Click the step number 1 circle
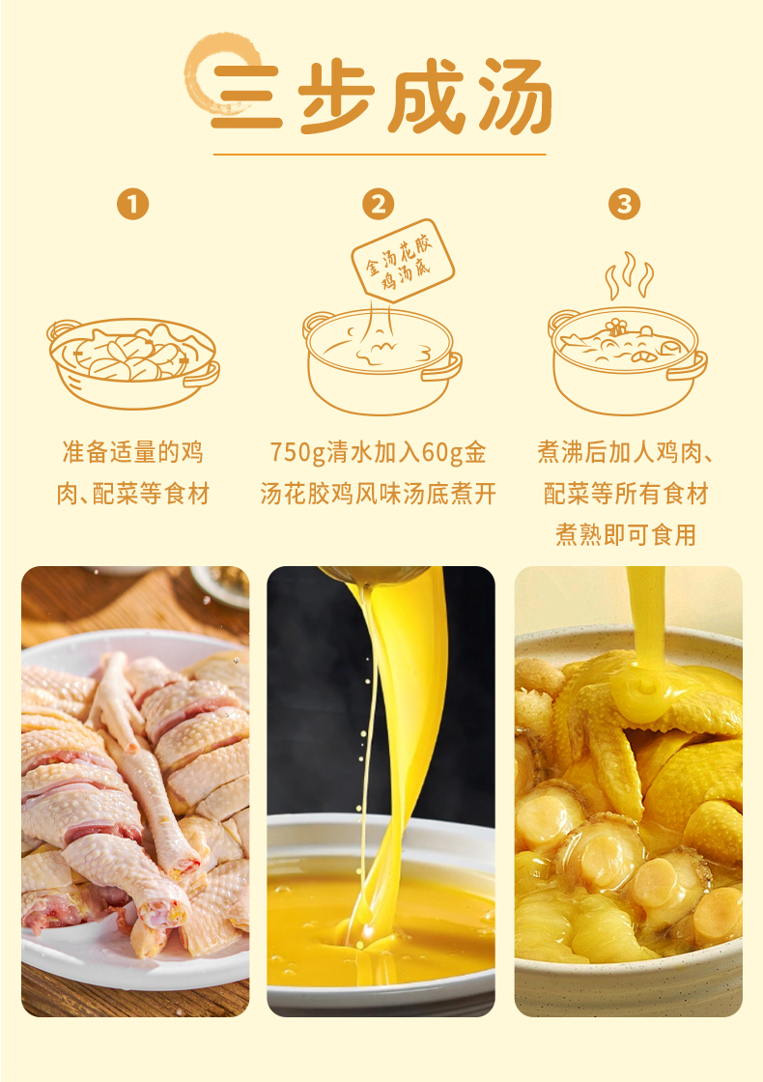(133, 204)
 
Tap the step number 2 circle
(378, 204)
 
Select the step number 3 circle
(624, 204)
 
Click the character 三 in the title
(246, 98)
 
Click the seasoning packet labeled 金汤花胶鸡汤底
(403, 260)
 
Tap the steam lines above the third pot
(629, 275)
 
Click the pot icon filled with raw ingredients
(133, 362)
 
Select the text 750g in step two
(297, 453)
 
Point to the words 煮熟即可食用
(626, 535)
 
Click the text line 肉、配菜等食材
(133, 494)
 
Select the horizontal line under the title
(380, 155)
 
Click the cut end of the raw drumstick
(164, 914)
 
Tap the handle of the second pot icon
(441, 366)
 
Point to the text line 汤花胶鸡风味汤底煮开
(378, 494)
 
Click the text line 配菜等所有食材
(626, 494)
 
